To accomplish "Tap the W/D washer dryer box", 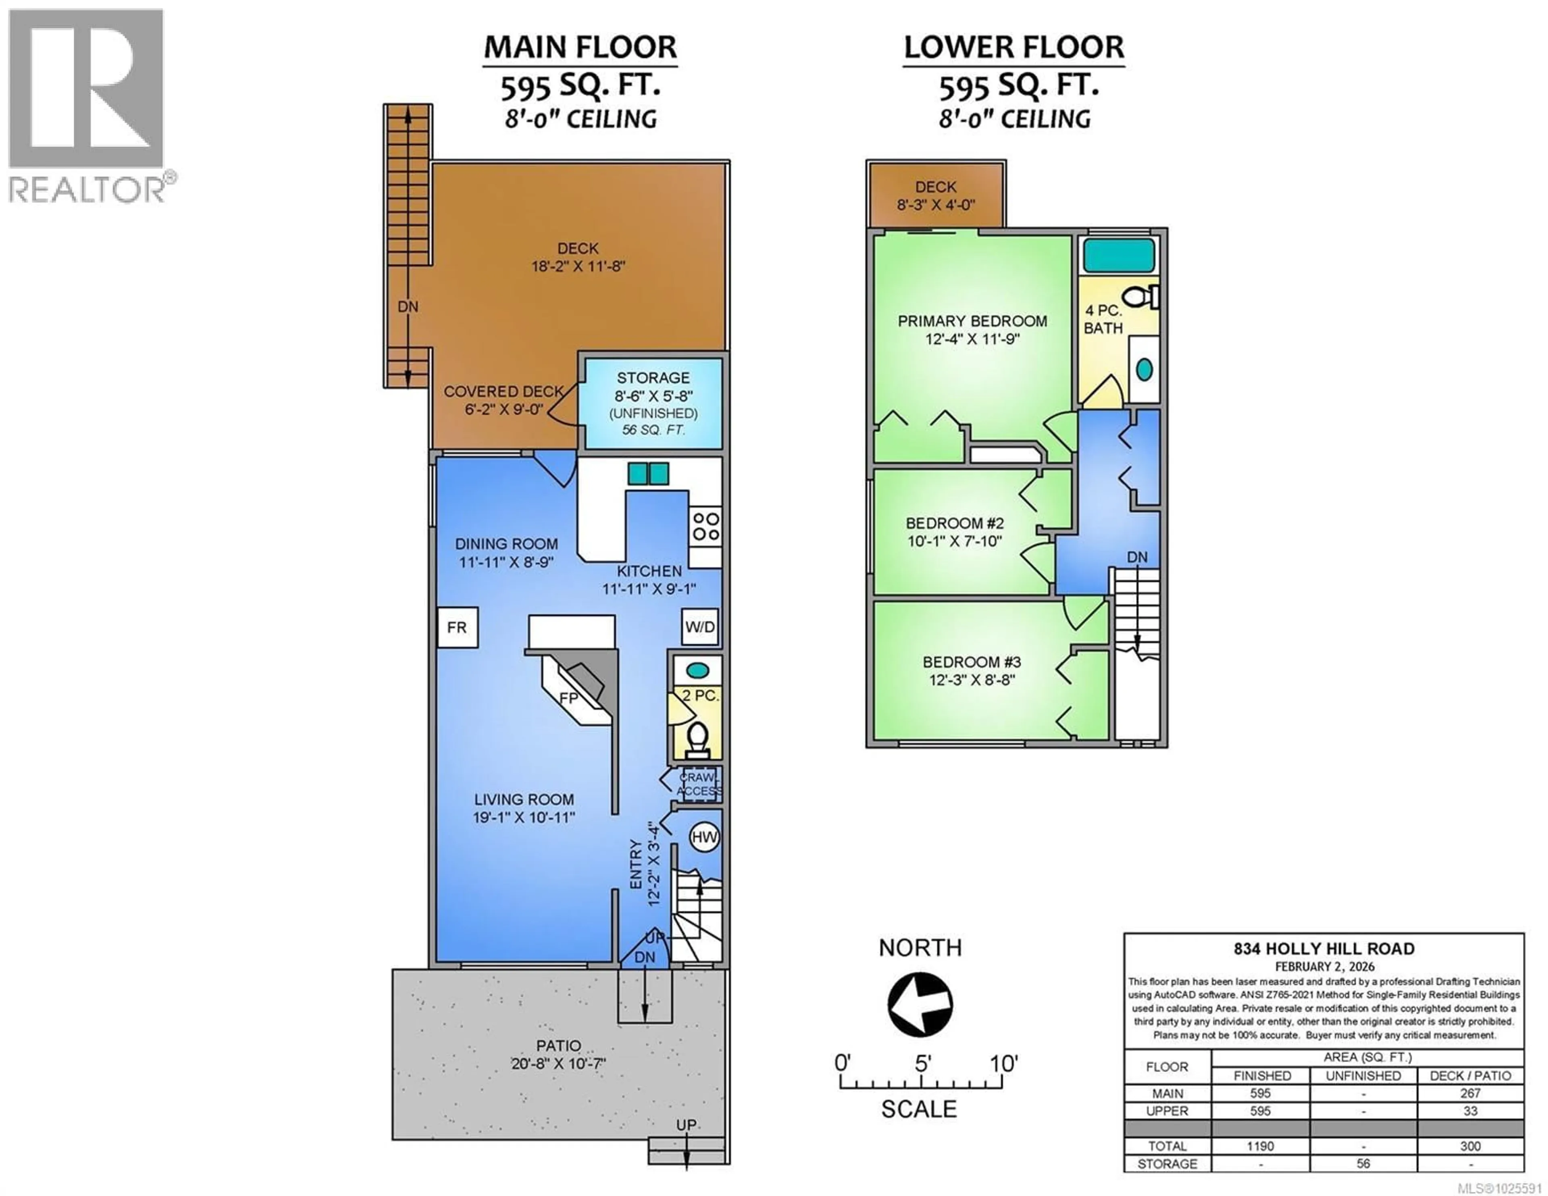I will point(699,627).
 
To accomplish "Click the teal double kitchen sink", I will point(648,474).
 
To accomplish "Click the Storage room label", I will point(653,378).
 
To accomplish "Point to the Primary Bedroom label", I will point(972,321).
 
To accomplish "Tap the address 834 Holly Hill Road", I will point(1323,948).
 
